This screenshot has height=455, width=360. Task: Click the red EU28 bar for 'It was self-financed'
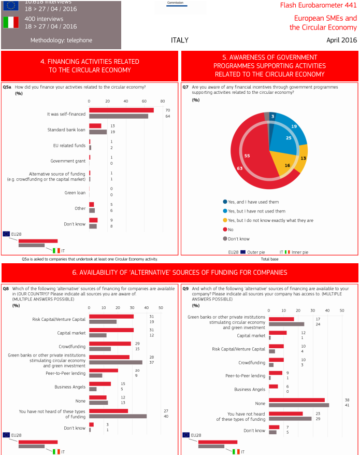121,110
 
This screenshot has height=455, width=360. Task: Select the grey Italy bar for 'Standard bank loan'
98,132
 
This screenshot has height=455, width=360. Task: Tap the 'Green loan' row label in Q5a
75,192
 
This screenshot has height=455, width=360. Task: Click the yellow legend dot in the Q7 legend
225,220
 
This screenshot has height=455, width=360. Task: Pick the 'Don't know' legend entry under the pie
239,239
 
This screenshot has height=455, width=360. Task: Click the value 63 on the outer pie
240,168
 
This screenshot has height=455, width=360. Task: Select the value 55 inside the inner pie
247,156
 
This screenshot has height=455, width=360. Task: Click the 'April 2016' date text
341,40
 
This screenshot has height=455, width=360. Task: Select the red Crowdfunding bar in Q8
110,344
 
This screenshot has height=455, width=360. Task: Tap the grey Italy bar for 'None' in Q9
299,405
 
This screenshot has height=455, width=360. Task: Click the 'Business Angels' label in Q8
70,387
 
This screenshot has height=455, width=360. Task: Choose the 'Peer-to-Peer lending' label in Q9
245,376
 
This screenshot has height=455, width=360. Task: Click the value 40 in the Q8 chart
152,416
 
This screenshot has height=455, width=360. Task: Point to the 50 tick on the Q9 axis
342,311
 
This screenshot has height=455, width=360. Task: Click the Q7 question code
185,87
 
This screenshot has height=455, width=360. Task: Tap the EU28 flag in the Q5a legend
6,234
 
